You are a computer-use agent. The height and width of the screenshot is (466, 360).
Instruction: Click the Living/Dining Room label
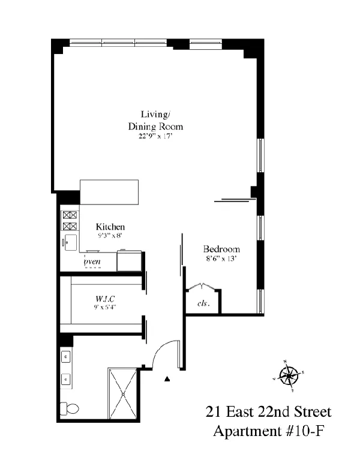[x=155, y=120]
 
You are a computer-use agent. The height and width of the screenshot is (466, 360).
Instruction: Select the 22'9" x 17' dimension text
[x=155, y=136]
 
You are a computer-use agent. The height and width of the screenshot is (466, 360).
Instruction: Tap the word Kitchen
[x=110, y=227]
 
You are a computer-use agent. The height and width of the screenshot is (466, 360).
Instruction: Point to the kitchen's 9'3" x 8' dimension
[x=110, y=236]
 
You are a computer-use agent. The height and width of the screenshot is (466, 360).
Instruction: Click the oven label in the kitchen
[x=92, y=261]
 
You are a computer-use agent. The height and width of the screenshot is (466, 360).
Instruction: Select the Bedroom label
[x=221, y=249]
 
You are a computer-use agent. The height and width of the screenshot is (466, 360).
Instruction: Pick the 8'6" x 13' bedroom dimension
[x=221, y=259]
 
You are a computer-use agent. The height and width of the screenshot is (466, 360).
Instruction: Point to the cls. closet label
[x=203, y=303]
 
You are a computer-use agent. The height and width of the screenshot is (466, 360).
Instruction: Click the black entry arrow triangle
[x=168, y=379]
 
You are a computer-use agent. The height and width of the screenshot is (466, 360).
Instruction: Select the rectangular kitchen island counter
[x=109, y=193]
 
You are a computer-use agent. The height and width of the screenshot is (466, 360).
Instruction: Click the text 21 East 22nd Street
[x=268, y=413]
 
